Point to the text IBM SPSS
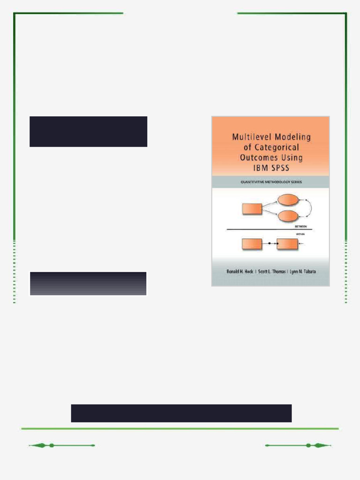271,168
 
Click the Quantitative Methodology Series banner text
271,182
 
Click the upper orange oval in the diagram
288,200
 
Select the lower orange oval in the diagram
288,216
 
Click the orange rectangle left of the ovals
252,209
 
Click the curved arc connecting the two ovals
310,208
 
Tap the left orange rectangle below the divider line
252,244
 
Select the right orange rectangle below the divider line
287,244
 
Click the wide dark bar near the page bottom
181,413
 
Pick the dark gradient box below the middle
88,284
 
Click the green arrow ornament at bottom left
47,445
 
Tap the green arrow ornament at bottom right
313,445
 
